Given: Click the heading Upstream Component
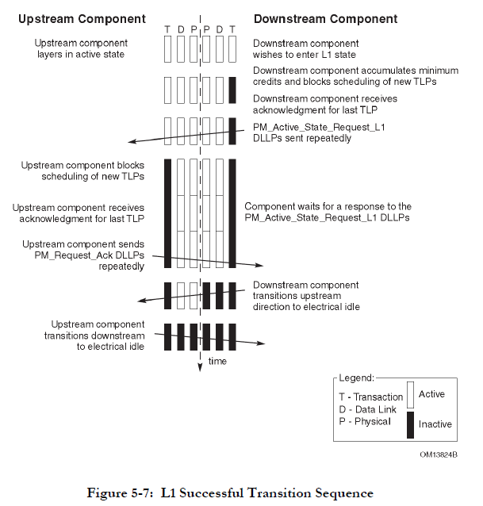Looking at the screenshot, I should [x=82, y=18].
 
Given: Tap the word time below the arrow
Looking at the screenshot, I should [x=217, y=362].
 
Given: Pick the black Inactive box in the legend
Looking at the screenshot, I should [x=410, y=424].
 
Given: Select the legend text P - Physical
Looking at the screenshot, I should [x=364, y=421].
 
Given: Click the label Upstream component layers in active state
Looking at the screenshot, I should [x=90, y=48].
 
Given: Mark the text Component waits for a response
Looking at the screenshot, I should [x=327, y=211].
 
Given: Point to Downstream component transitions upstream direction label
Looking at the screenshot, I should [x=305, y=297].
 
